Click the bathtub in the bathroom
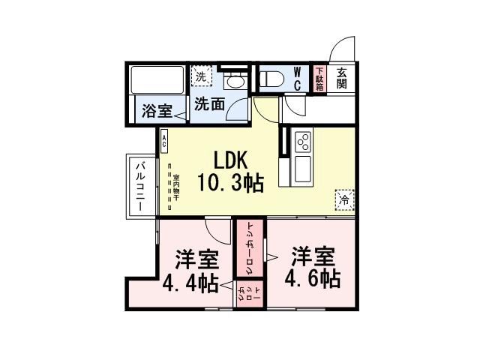[158, 79]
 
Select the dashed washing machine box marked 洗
[201, 76]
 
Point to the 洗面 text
[209, 106]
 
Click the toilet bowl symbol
[274, 77]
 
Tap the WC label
[297, 78]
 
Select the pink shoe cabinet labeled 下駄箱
[319, 78]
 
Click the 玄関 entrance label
[341, 78]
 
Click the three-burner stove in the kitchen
[304, 141]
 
